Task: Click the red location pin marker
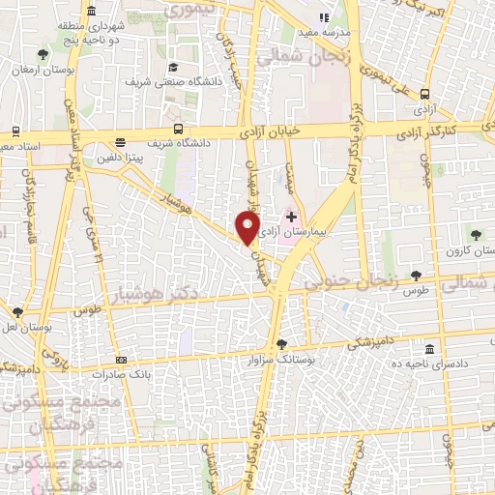(x=247, y=227)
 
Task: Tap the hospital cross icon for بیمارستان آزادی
(x=292, y=217)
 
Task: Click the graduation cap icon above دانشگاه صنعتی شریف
(x=172, y=68)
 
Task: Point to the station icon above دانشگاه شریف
(x=178, y=129)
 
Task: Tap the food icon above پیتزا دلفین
(x=120, y=141)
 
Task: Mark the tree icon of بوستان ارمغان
(x=40, y=55)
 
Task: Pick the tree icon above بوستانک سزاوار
(x=281, y=344)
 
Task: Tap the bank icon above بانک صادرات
(x=120, y=359)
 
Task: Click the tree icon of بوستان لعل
(x=17, y=312)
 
